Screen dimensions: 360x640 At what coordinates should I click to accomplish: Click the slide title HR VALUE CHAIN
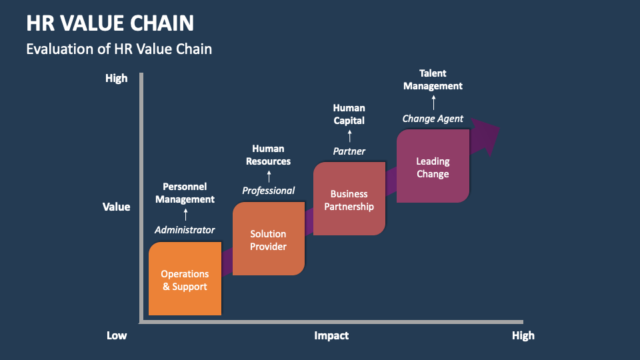110,23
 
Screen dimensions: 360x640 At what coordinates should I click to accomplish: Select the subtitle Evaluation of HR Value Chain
119,49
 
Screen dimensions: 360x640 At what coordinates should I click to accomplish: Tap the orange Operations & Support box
185,280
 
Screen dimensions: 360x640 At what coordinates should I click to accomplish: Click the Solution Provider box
268,240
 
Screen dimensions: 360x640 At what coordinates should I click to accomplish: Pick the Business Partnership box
349,200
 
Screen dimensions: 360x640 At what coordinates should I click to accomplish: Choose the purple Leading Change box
433,167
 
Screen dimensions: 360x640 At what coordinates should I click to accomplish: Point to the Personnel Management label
185,193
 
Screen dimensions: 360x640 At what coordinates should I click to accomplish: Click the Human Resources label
268,155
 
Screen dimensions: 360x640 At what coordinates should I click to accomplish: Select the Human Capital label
349,114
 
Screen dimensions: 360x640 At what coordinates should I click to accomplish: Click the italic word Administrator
185,230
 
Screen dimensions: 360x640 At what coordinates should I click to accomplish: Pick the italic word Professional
268,191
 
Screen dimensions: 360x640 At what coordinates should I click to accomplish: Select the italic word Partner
349,151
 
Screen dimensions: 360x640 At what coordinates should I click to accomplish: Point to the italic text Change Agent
433,119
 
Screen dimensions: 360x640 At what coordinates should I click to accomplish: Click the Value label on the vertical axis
116,207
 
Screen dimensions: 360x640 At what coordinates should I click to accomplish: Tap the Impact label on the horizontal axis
331,335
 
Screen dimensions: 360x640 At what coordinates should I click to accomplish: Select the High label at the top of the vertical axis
116,79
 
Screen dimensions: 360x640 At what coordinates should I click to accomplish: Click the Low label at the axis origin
117,335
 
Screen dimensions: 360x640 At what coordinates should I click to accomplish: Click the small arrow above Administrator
185,214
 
